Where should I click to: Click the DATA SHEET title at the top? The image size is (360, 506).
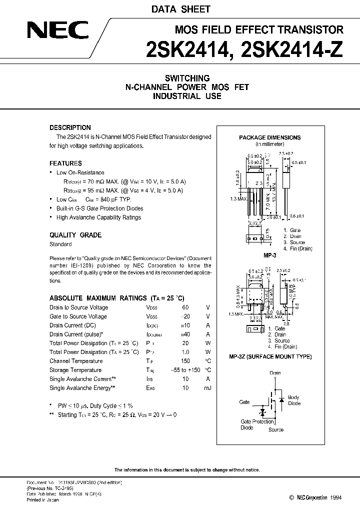click(x=188, y=9)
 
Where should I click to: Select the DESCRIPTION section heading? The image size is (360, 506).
click(x=70, y=127)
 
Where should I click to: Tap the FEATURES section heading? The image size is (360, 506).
click(x=65, y=163)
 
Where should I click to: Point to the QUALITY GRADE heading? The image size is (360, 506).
click(x=75, y=235)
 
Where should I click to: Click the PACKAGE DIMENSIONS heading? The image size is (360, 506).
click(x=269, y=137)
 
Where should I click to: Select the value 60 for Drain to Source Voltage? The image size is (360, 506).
click(x=185, y=307)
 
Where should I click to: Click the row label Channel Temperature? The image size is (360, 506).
click(x=76, y=361)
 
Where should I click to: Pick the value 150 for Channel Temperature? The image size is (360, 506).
click(x=185, y=361)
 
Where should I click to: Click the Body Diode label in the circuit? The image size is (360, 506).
click(x=295, y=400)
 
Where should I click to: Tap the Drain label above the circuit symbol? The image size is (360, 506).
click(x=275, y=373)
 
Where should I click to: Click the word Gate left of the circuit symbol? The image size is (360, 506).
click(x=244, y=401)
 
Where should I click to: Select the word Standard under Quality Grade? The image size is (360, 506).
click(x=60, y=244)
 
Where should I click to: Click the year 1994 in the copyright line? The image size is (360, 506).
click(x=337, y=497)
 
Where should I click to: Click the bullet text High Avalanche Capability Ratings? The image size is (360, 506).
click(x=99, y=217)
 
